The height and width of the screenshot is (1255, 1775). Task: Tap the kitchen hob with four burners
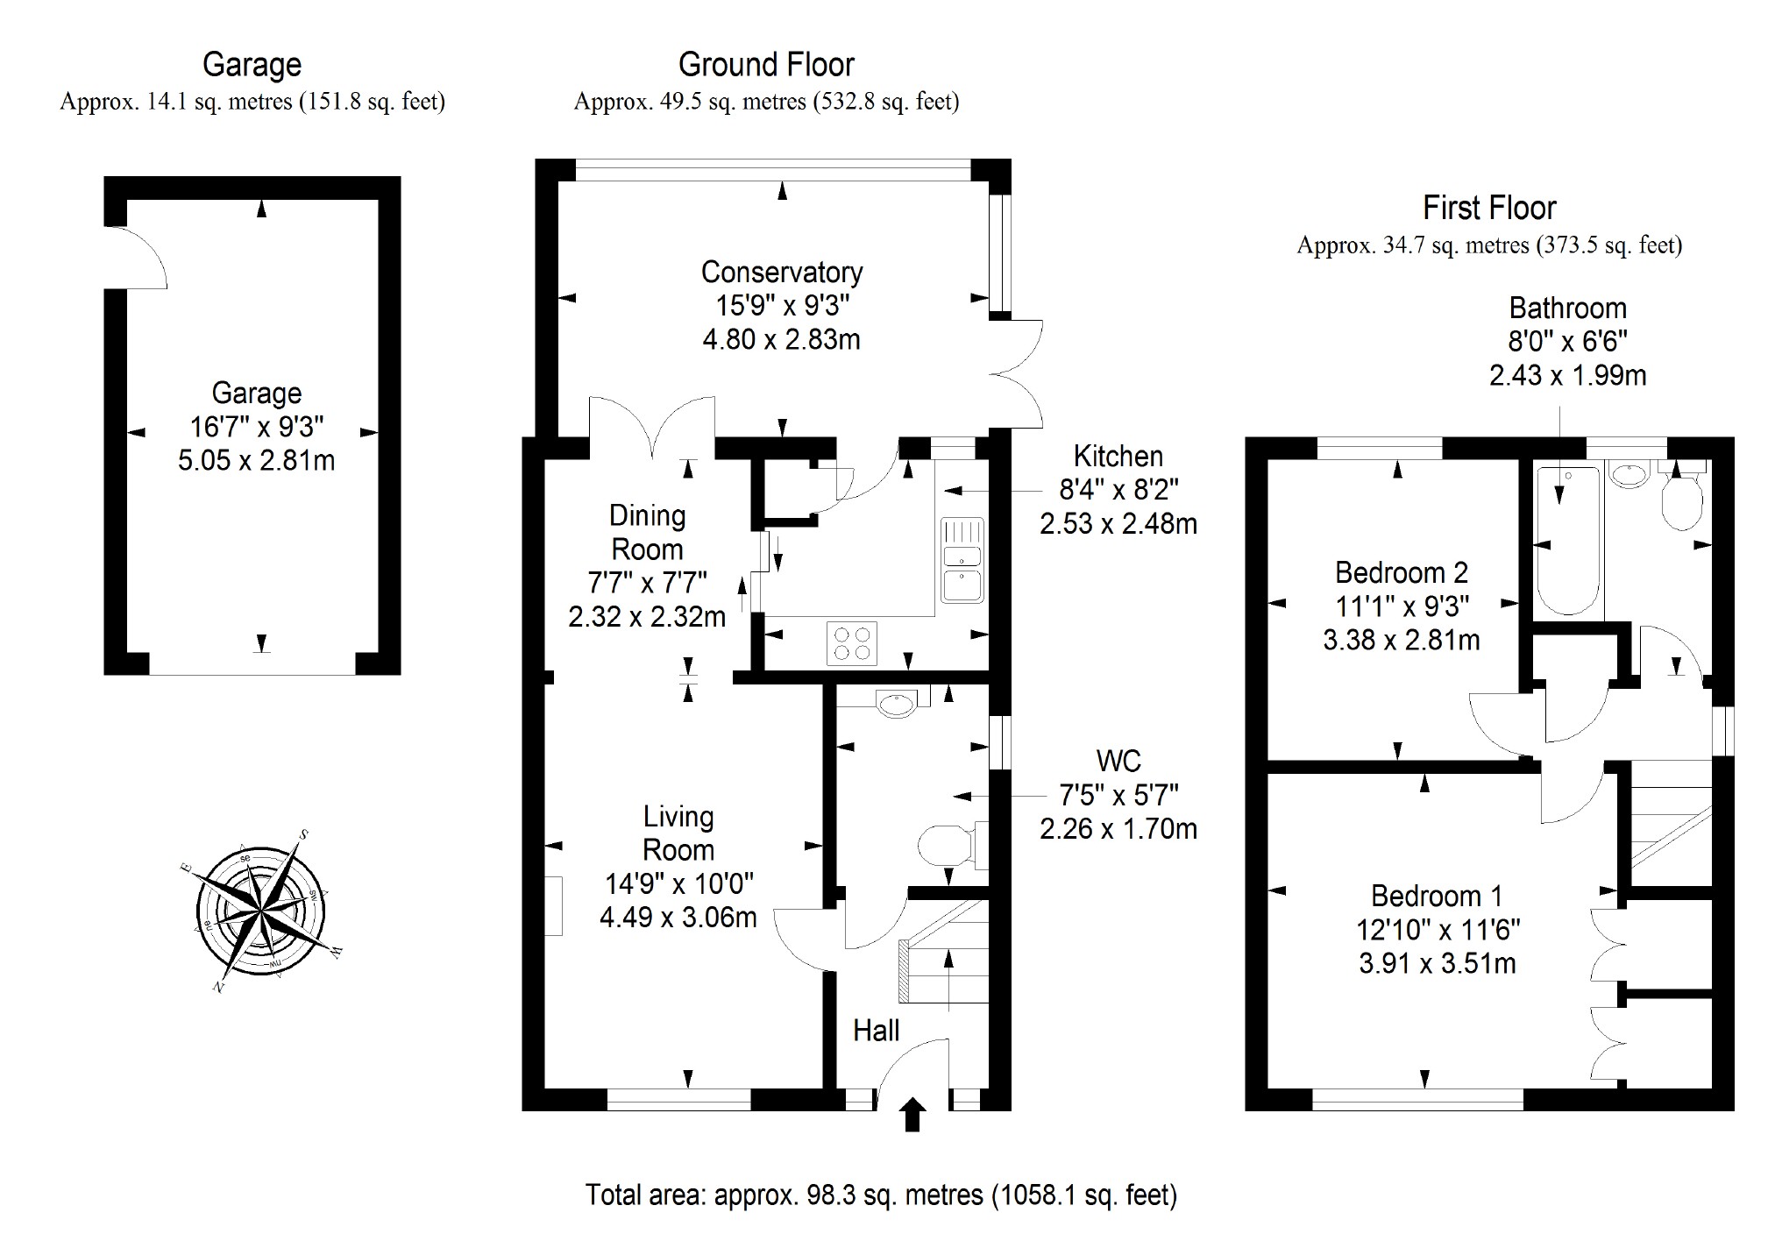pos(852,643)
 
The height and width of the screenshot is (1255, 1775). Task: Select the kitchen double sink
pos(962,560)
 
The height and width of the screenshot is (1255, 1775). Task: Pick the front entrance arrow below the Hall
pos(912,1115)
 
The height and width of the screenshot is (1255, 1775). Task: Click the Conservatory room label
pos(782,273)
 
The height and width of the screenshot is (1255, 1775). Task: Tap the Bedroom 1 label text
pos(1437,896)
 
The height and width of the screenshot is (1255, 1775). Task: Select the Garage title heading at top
pos(252,65)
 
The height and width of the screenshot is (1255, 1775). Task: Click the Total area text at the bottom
pos(881,1195)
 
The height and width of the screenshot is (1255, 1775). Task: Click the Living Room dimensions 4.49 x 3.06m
pos(678,918)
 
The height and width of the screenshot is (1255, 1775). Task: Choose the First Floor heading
pos(1489,209)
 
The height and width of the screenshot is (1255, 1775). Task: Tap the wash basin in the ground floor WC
pos(896,703)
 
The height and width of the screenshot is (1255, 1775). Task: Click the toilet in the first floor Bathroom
pos(1681,500)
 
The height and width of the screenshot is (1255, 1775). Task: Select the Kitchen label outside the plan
pos(1118,457)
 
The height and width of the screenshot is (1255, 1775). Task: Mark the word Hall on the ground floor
pos(876,1031)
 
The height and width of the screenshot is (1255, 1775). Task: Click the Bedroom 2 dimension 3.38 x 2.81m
pos(1401,640)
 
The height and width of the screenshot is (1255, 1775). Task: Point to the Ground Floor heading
pos(766,65)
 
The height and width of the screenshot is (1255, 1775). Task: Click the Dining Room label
pos(647,533)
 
